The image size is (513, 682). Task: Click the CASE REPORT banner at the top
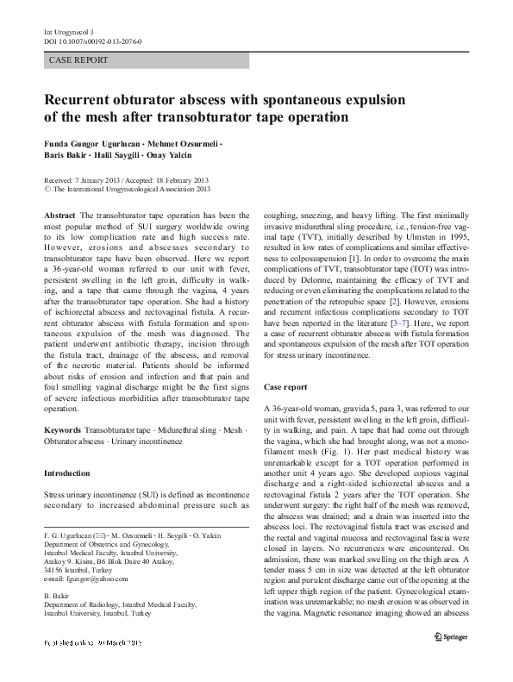pyautogui.click(x=78, y=61)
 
